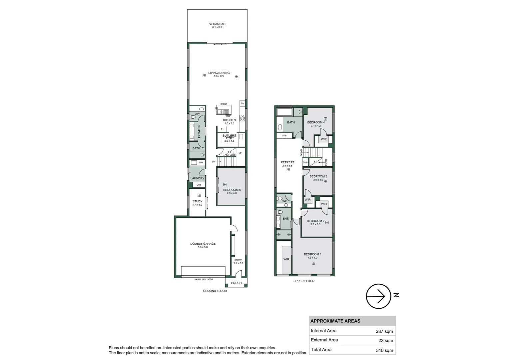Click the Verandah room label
217,24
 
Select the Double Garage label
203,244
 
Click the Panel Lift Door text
204,279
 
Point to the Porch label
236,283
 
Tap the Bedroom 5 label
232,190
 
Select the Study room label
197,201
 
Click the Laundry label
197,178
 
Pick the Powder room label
199,131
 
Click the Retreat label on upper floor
287,162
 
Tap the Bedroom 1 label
312,254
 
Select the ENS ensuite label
285,219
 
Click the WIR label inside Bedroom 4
323,139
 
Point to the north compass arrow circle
378,296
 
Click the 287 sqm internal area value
384,331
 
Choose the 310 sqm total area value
384,350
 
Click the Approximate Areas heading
335,321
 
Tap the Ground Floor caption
215,291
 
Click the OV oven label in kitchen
243,104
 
